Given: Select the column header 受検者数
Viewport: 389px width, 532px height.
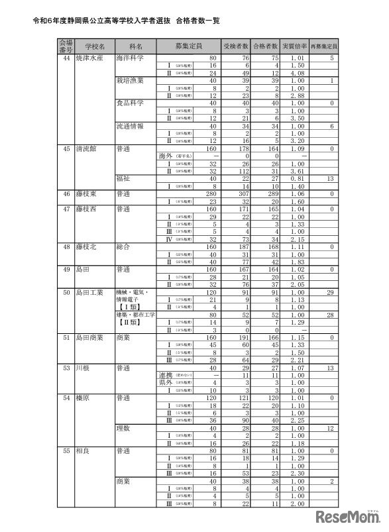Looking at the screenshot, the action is pyautogui.click(x=236, y=46).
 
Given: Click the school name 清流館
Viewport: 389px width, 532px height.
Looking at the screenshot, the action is pyautogui.click(x=87, y=148).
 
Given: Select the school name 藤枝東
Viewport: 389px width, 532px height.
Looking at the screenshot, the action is pyautogui.click(x=87, y=193).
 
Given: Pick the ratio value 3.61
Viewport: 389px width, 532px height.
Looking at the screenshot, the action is pyautogui.click(x=297, y=171).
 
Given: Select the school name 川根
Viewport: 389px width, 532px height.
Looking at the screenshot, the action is pyautogui.click(x=83, y=367).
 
